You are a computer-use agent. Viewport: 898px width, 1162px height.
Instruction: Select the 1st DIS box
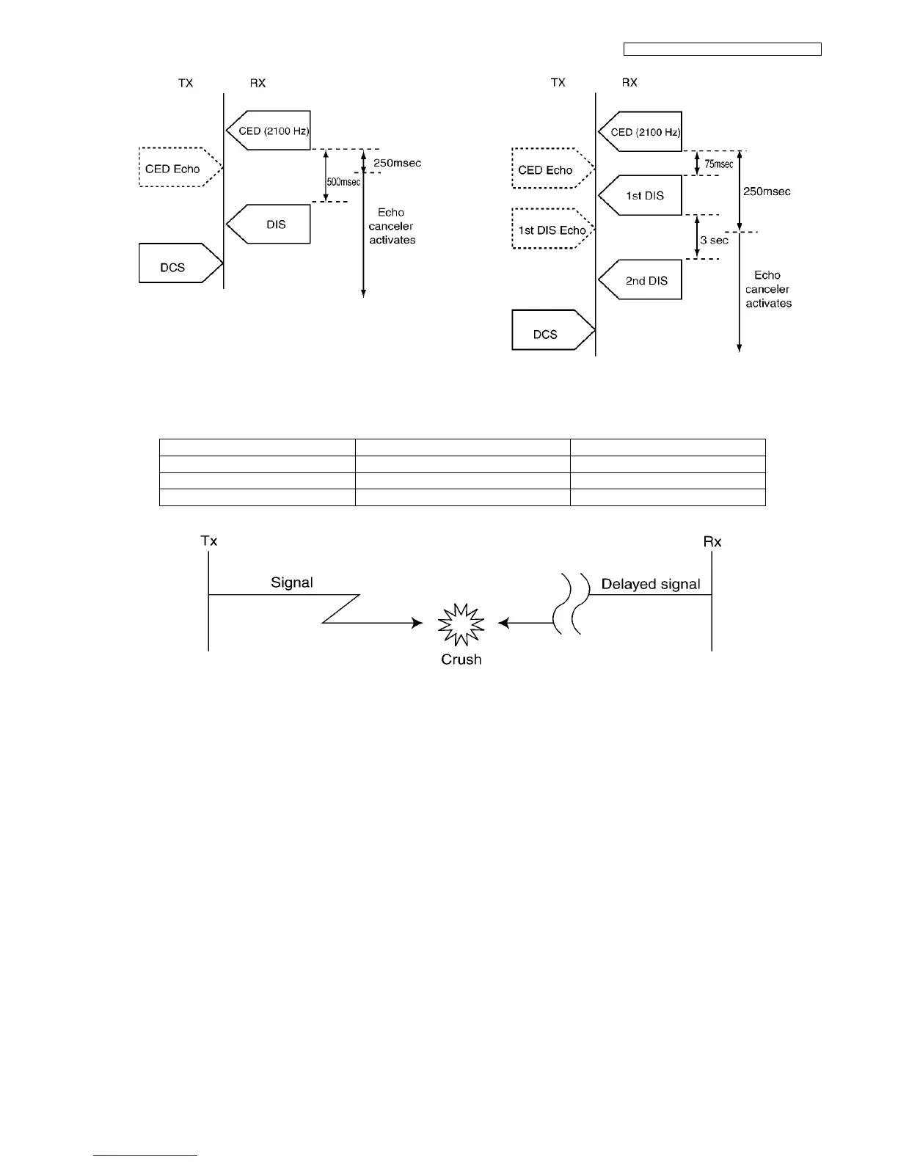(x=642, y=195)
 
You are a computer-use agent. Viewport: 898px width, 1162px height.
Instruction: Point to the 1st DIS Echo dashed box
(x=552, y=230)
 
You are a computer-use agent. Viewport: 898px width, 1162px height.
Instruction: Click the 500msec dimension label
(x=343, y=182)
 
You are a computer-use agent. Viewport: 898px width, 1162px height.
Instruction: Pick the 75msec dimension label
(x=719, y=164)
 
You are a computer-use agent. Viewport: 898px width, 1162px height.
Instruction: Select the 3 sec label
(x=714, y=240)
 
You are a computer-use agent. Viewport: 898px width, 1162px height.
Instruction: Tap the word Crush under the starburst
(x=461, y=659)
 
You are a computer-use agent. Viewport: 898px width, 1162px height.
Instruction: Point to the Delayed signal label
(x=651, y=584)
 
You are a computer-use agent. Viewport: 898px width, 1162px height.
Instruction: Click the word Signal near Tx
(x=292, y=582)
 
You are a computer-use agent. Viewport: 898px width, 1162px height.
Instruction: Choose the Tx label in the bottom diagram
(x=209, y=541)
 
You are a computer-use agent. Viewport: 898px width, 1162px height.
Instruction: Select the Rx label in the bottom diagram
(x=712, y=541)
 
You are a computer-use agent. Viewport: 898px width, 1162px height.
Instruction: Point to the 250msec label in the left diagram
(x=398, y=163)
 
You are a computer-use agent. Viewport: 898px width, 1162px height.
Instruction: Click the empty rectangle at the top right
(x=722, y=49)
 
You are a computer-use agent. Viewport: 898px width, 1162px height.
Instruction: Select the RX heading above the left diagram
(x=258, y=83)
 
